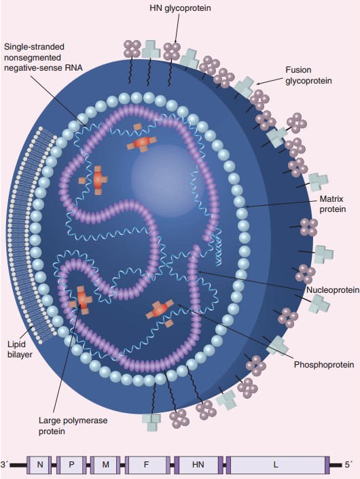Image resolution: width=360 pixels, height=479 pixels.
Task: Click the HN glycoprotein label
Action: point(179,8)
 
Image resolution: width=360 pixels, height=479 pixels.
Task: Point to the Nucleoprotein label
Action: point(332,290)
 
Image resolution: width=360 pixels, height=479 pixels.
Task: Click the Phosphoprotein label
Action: point(324,365)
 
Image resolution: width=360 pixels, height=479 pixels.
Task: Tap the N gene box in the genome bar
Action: point(40,465)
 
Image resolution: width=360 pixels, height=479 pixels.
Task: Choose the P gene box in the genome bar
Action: point(71,465)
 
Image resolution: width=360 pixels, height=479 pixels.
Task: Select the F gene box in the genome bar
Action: point(146,465)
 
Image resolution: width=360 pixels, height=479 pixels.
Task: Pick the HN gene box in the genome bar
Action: point(198,465)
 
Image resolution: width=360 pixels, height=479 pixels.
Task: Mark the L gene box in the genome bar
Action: point(276,465)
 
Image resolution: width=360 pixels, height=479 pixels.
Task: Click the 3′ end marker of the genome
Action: point(6,464)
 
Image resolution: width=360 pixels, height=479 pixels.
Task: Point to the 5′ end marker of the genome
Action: point(348,464)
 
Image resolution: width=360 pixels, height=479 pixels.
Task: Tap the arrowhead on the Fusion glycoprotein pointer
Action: point(259,83)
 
